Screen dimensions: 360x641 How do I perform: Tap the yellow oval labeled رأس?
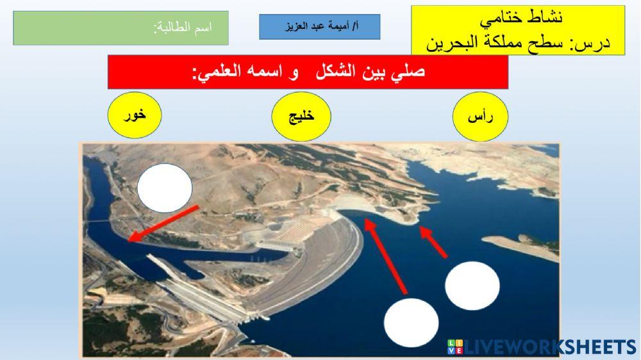pyautogui.click(x=480, y=117)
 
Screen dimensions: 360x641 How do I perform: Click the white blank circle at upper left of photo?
pyautogui.click(x=165, y=186)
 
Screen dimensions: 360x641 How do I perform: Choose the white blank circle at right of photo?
pyautogui.click(x=472, y=285)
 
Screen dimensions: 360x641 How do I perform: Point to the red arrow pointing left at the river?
pyautogui.click(x=163, y=223)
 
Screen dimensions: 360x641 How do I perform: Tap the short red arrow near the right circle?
pyautogui.click(x=434, y=242)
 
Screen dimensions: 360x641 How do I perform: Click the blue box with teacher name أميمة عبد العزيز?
pyautogui.click(x=319, y=27)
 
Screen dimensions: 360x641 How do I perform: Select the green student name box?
pyautogui.click(x=121, y=28)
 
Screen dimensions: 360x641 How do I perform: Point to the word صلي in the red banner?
pyautogui.click(x=409, y=71)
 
